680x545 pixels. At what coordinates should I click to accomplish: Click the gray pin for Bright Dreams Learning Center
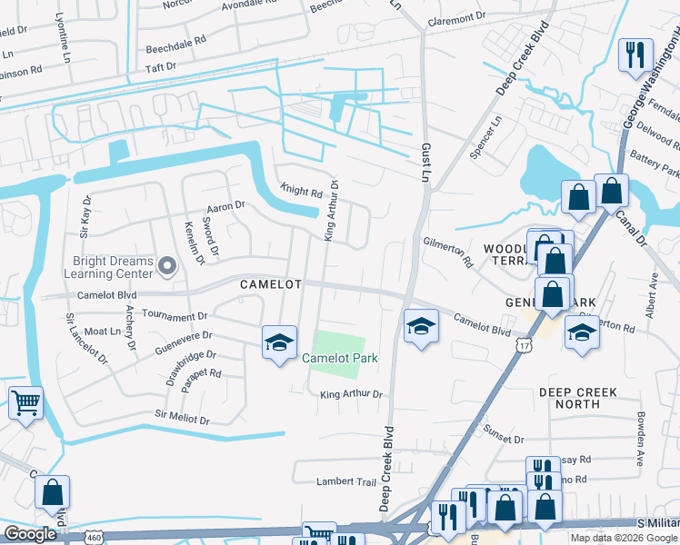[x=166, y=265]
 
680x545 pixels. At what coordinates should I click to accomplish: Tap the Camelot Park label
[x=339, y=359]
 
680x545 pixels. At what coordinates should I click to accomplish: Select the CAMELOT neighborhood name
[x=270, y=284]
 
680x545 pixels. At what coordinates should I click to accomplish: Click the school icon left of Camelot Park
[x=280, y=342]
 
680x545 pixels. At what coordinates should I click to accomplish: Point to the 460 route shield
[x=94, y=537]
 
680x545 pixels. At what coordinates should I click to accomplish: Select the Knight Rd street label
[x=301, y=192]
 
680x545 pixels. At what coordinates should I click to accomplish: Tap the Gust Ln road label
[x=425, y=160]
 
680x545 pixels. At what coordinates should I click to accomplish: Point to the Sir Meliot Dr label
[x=182, y=421]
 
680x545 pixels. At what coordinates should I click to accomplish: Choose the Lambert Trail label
[x=345, y=481]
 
